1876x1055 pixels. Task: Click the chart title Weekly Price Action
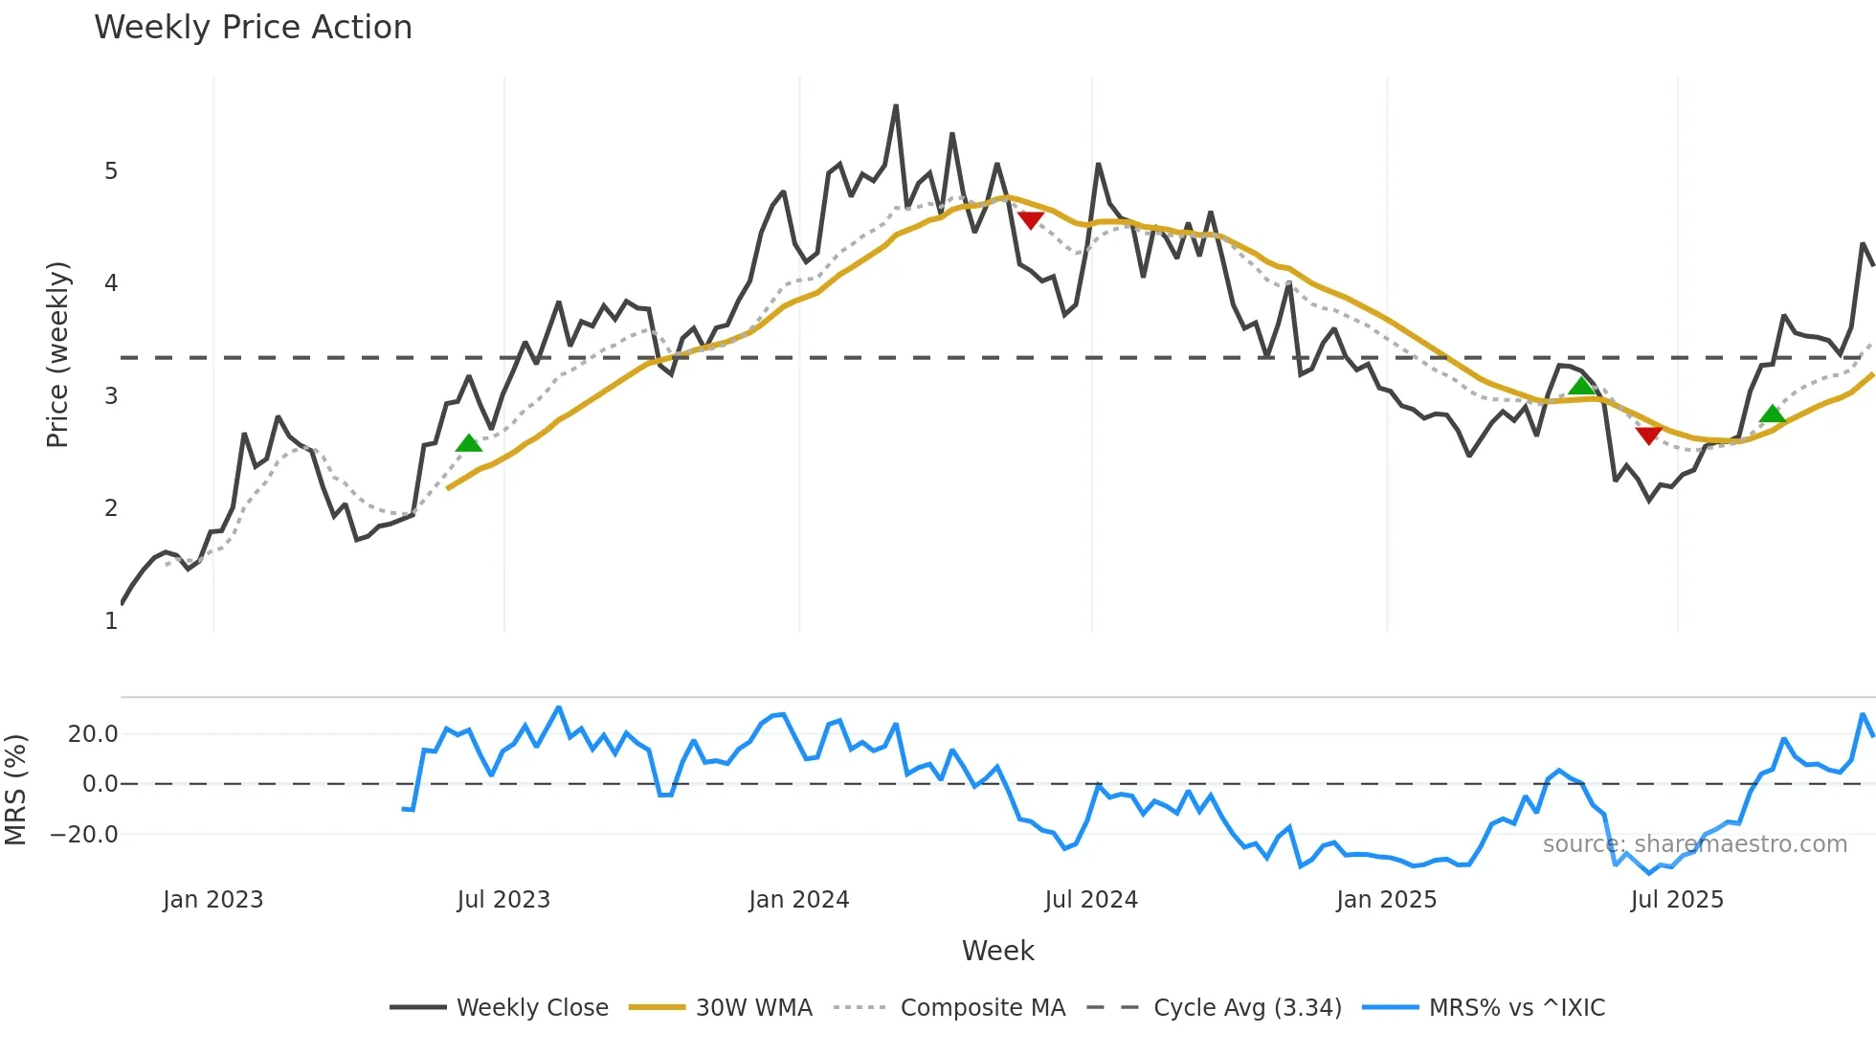tap(253, 27)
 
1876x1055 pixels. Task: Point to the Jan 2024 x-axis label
tap(798, 900)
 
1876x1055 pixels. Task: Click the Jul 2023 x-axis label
tap(503, 900)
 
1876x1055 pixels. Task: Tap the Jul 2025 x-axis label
tap(1677, 900)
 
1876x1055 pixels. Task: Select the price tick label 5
tap(111, 171)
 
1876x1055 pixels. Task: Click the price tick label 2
tap(111, 508)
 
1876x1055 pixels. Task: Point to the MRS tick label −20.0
tap(85, 835)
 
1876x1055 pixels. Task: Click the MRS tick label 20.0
tap(93, 734)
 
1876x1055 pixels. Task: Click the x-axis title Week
tap(997, 951)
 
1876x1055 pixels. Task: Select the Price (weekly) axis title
tap(57, 354)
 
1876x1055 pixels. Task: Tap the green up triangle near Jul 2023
tap(469, 443)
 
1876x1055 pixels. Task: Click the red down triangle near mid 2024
tap(1030, 220)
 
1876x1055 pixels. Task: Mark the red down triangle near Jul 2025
tap(1648, 436)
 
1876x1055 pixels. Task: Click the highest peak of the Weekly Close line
tap(896, 106)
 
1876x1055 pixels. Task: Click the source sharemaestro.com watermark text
tap(1694, 844)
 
